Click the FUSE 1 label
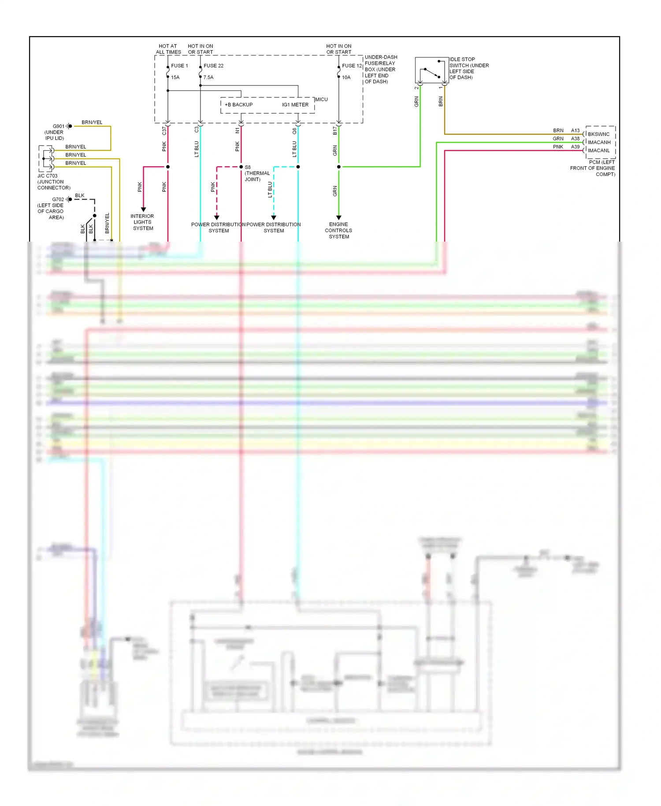click(x=179, y=66)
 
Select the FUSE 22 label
click(x=213, y=66)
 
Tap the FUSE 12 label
click(x=352, y=66)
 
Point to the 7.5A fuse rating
click(x=208, y=78)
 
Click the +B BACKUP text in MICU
click(x=238, y=105)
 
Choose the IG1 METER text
click(x=295, y=105)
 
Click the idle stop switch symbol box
click(x=431, y=70)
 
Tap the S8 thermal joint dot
click(x=241, y=167)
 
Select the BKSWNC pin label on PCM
click(x=598, y=134)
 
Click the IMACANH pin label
click(x=599, y=142)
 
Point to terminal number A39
click(x=575, y=147)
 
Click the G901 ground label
click(x=59, y=126)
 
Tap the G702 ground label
click(x=58, y=199)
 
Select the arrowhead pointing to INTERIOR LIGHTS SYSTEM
click(x=143, y=209)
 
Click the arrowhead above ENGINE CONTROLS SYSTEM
click(x=338, y=217)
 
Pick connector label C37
click(x=164, y=131)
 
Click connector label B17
click(x=335, y=131)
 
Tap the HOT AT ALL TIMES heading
click(x=168, y=49)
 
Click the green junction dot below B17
click(x=338, y=167)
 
